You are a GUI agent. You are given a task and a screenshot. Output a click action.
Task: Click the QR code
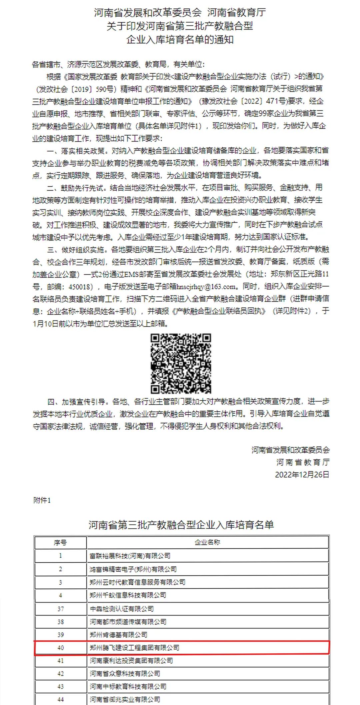pos(181,363)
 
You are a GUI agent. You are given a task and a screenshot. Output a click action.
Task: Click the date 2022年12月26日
pos(302,475)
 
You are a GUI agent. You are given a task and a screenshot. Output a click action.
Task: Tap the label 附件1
pos(42,500)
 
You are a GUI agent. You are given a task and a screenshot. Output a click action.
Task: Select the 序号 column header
pos(60,543)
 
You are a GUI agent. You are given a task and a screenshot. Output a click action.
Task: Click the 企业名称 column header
pos(207,542)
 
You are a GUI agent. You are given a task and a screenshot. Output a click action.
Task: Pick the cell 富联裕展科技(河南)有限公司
pos(130,556)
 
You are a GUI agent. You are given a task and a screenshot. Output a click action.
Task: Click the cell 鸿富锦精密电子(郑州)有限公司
pos(133,569)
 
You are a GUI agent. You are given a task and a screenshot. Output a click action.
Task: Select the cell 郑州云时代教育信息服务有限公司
pos(137,582)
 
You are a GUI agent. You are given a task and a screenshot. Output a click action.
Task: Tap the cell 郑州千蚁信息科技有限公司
pos(128,595)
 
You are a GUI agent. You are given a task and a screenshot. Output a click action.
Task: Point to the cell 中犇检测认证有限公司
pos(122,609)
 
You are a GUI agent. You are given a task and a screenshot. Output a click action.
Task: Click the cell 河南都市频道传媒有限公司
pos(128,622)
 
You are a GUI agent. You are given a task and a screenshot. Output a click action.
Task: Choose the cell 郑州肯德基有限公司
pos(118,635)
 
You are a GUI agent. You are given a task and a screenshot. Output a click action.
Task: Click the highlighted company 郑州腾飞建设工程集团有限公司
pos(134,648)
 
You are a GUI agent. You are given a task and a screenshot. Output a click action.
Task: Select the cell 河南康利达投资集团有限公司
pos(131,660)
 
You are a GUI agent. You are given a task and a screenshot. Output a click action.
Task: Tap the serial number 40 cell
pos(60,648)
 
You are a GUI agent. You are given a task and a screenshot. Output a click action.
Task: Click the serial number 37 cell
pos(60,609)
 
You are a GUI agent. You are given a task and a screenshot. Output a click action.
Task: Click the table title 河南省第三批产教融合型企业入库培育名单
pos(181,525)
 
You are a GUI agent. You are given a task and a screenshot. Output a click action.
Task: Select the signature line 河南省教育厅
pos(303,462)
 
